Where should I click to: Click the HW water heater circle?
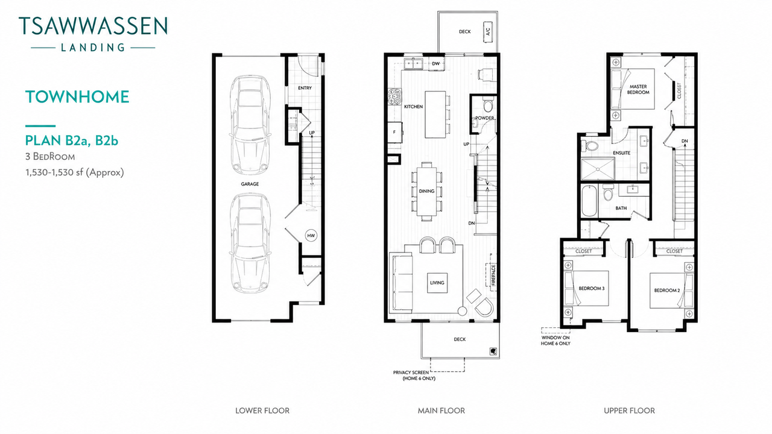coord(311,236)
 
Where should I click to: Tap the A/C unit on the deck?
coord(488,32)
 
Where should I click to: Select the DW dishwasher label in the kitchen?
coord(435,64)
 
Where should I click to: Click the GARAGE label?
coord(250,184)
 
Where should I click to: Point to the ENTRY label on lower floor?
coord(305,88)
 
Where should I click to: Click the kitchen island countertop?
coord(435,115)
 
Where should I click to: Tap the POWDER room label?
coord(484,118)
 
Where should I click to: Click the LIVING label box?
coord(437,283)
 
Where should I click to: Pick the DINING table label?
coord(426,191)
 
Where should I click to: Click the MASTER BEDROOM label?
coord(638,90)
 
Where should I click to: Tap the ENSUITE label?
coord(621,153)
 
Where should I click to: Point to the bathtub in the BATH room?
coord(589,201)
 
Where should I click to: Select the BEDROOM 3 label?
coord(592,288)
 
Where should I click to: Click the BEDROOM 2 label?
coord(667,291)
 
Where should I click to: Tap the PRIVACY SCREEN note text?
coord(414,376)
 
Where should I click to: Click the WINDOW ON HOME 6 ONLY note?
coord(555,341)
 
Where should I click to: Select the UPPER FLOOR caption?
coord(629,410)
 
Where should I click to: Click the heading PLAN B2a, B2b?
coord(72,140)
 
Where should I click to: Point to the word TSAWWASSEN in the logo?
coord(93,26)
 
